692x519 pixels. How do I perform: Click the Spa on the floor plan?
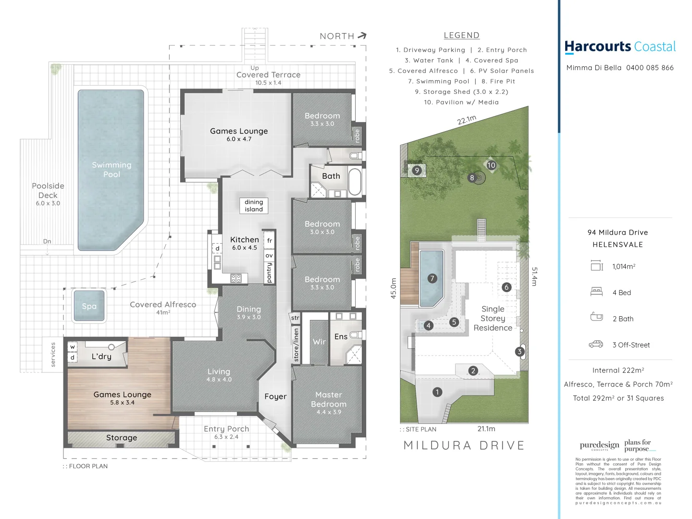[89, 306]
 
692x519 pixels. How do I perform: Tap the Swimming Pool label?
[111, 170]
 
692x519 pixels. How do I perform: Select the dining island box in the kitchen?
[254, 206]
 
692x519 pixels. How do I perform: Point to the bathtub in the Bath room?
[355, 181]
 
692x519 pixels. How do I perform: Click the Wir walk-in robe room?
[319, 342]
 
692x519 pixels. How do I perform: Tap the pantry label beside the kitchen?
[269, 272]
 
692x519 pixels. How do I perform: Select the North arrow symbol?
[362, 36]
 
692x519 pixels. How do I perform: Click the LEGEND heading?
[461, 35]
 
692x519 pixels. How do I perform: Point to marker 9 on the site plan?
[417, 170]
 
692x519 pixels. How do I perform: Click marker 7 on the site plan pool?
[432, 278]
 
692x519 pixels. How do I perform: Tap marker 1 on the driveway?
[437, 392]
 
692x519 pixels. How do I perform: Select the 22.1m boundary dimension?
[467, 120]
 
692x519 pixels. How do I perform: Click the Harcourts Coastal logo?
[620, 47]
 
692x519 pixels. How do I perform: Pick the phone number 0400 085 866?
[650, 68]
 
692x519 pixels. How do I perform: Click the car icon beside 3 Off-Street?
[596, 344]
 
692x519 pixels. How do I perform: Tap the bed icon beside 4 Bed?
[596, 291]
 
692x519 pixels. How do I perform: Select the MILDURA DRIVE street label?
[464, 445]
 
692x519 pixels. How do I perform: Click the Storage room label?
[122, 438]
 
